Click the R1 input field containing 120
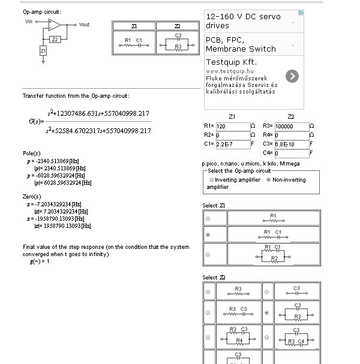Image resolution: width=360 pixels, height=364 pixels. point(233,127)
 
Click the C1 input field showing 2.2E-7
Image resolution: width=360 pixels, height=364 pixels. point(233,145)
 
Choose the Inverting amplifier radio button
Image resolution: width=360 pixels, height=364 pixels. point(211,180)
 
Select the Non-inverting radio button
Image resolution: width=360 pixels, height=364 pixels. point(268,180)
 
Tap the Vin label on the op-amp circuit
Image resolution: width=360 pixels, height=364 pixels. point(29,22)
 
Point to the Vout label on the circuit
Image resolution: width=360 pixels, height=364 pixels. point(84,25)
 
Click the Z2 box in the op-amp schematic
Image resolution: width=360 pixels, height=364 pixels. point(55,39)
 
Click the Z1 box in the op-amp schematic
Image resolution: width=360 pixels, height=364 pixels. point(43,52)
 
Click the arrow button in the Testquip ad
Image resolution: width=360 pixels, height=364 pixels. point(292,76)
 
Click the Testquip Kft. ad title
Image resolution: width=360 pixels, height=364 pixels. point(231,62)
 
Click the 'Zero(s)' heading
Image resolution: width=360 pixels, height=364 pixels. point(33,197)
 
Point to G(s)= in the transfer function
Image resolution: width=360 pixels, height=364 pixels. point(35,121)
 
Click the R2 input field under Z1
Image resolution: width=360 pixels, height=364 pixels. point(233,136)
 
